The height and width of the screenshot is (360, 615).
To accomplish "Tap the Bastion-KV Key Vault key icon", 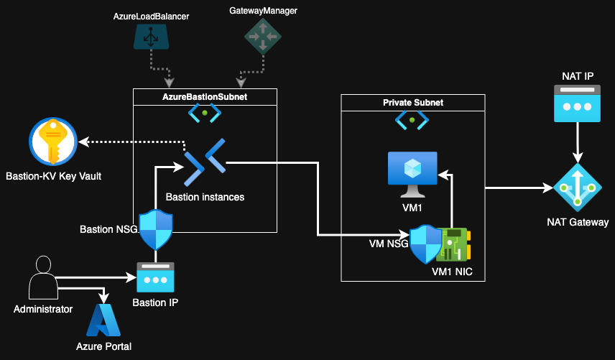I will click(52, 142).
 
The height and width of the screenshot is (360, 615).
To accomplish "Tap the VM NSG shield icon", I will click(425, 244).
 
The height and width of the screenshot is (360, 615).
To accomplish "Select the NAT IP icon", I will click(575, 103).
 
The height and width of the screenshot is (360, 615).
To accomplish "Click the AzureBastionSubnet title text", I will click(205, 96).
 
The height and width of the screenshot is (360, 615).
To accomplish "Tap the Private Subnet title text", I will click(412, 103).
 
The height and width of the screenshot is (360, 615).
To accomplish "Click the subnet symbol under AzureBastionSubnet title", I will click(205, 113).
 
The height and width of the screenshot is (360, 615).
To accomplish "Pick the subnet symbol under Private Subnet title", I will click(412, 120).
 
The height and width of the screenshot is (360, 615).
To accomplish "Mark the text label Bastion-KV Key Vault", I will click(53, 176).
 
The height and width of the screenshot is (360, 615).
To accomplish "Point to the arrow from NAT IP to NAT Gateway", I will click(575, 144).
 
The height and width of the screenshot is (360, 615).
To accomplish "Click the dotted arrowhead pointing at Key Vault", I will click(83, 141).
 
